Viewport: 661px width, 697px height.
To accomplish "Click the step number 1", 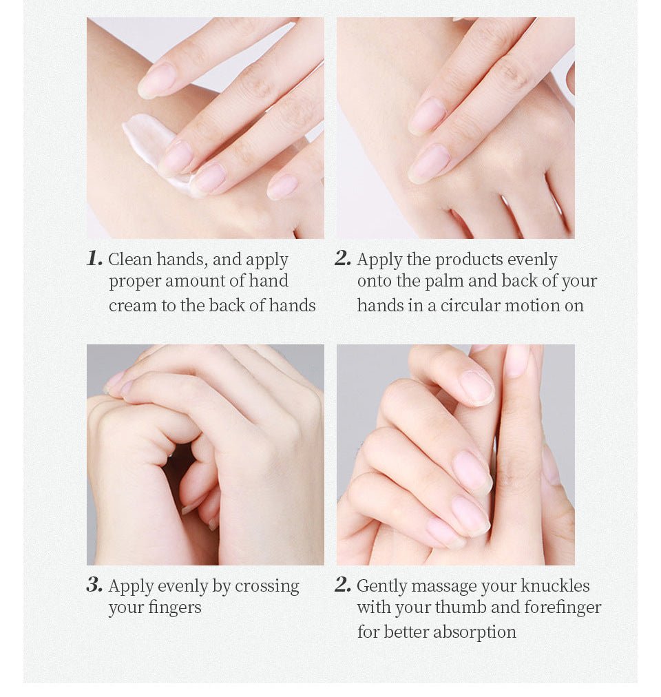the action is coord(95,258).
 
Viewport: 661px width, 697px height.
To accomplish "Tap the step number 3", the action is coord(95,585).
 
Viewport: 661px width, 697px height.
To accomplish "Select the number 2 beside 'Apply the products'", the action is coord(343,258).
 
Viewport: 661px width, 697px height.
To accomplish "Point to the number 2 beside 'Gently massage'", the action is coord(343,585).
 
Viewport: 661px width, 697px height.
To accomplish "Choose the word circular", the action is coord(470,305).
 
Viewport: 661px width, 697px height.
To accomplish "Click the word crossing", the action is coord(267,587).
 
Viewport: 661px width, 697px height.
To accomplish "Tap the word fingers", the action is coord(175,608).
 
